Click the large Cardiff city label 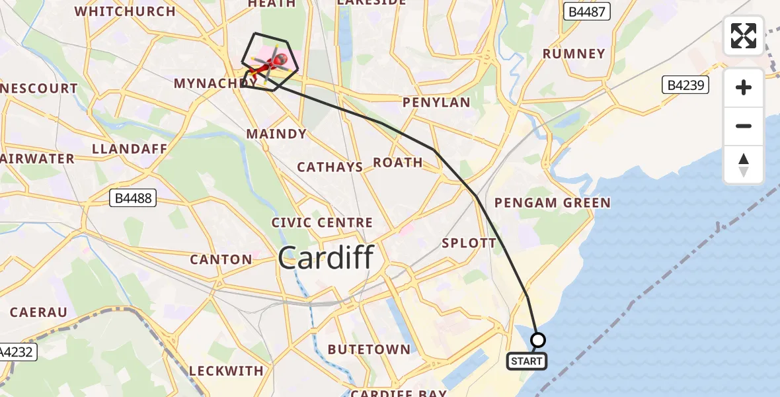coord(326,257)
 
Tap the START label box coord(527,361)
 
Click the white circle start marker coord(538,340)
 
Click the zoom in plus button coord(744,87)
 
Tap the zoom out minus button coord(744,126)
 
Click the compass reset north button coord(744,165)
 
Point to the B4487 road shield coord(587,11)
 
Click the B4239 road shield coord(685,85)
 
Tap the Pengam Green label coord(552,202)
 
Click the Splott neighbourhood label coord(469,243)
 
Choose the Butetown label coord(369,349)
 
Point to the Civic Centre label coord(322,223)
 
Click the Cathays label coord(330,167)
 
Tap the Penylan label coord(436,103)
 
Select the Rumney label coord(573,54)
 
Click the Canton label coord(221,259)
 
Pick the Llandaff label coord(130,148)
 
